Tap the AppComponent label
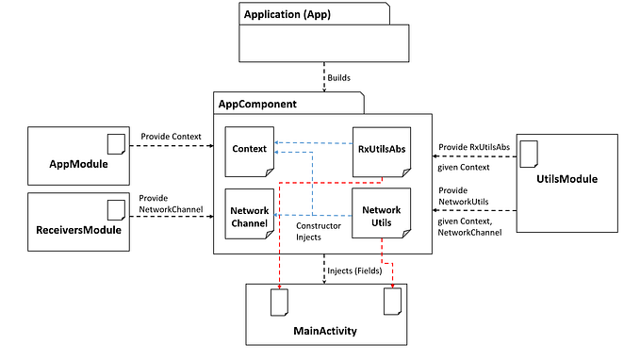pos(258,103)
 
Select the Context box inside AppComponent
pos(250,150)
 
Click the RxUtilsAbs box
pos(380,150)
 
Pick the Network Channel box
pos(250,216)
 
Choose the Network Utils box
pos(381,216)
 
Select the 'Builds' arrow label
pos(341,76)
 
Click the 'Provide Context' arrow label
pos(172,137)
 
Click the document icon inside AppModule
pos(116,143)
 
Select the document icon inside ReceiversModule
pos(116,207)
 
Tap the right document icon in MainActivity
pos(393,302)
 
